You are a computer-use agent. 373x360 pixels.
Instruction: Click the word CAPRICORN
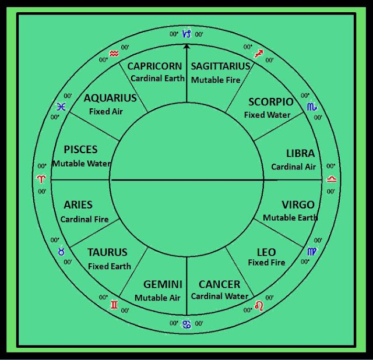(x=155, y=66)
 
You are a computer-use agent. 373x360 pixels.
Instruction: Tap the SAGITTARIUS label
(x=220, y=66)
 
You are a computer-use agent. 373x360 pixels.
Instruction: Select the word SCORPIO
(x=270, y=102)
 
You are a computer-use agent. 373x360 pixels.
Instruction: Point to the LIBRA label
(x=300, y=154)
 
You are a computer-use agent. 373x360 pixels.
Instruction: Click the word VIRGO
(x=298, y=204)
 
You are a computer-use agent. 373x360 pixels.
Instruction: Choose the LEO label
(x=266, y=252)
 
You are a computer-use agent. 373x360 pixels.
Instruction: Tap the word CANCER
(x=219, y=284)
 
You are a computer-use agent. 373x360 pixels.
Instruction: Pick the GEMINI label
(x=162, y=284)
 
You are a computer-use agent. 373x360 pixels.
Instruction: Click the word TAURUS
(x=107, y=252)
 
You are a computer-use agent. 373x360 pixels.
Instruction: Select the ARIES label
(x=78, y=205)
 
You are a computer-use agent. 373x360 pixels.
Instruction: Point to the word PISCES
(x=80, y=150)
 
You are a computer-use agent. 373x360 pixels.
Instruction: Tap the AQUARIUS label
(x=110, y=98)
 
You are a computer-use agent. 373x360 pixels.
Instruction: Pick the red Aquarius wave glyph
(x=114, y=54)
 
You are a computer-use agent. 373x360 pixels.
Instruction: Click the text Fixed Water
(x=267, y=115)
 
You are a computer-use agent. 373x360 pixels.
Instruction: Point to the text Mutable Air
(x=157, y=298)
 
